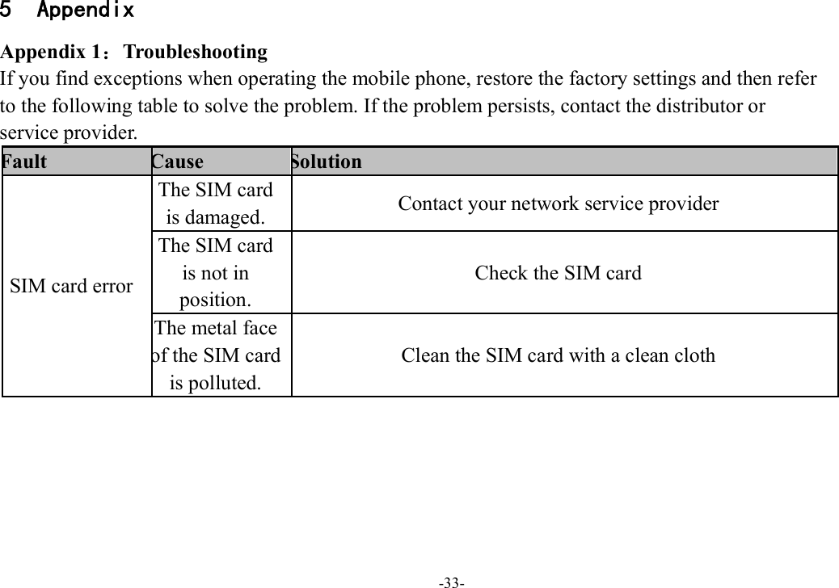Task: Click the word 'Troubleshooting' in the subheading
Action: [195, 52]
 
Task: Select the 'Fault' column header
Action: [24, 162]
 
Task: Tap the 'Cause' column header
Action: [178, 162]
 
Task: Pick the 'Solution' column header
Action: [327, 162]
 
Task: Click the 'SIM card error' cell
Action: [71, 286]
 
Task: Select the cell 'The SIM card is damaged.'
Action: [216, 204]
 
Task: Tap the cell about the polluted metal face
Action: [216, 355]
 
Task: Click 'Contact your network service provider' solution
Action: [558, 204]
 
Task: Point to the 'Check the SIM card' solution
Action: [558, 273]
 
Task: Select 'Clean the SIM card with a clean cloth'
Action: [558, 355]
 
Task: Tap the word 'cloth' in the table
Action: [693, 355]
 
